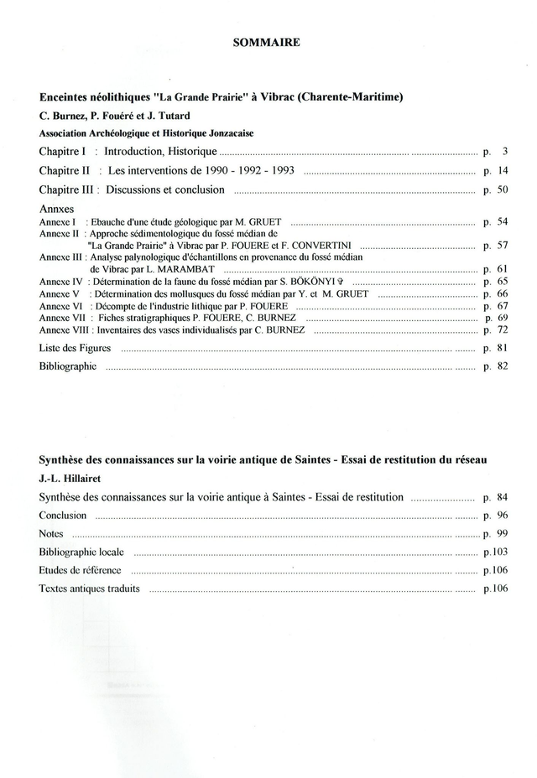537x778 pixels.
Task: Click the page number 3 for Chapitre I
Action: [x=506, y=152]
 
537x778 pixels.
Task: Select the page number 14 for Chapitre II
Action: [x=503, y=170]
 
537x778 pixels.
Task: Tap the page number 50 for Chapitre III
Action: [x=503, y=189]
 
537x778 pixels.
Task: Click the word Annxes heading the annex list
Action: [x=56, y=207]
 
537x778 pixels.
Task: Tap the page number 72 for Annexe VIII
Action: [x=503, y=330]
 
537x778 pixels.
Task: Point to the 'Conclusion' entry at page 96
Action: [x=63, y=516]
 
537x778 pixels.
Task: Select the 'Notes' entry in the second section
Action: [x=52, y=533]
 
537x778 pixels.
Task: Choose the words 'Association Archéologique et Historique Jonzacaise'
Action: [x=147, y=132]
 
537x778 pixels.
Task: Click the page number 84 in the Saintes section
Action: [x=503, y=497]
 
